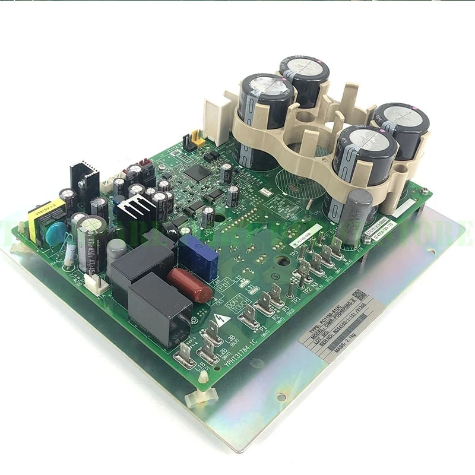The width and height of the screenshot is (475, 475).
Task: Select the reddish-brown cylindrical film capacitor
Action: click(x=189, y=285)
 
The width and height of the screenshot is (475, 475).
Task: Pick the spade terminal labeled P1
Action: click(x=249, y=315)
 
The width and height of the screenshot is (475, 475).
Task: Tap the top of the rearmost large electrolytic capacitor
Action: click(x=305, y=71)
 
